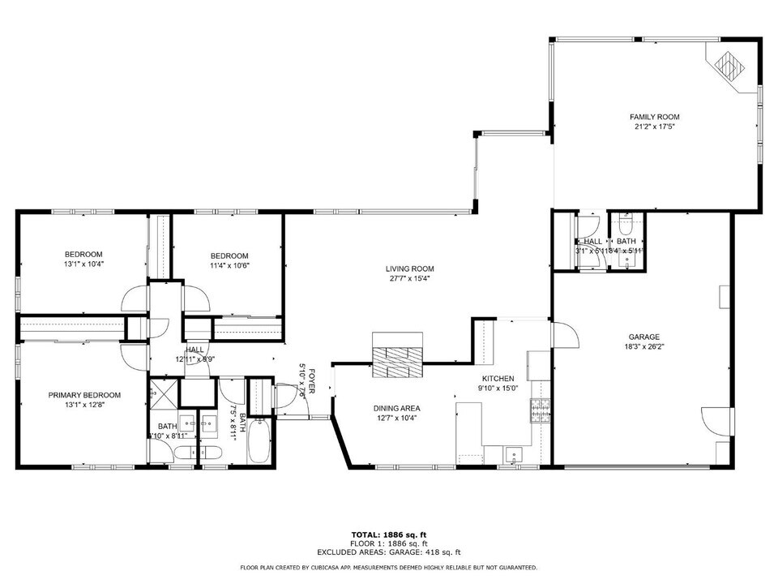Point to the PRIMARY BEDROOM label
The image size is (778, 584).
pyautogui.click(x=84, y=395)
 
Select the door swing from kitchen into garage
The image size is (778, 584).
pyautogui.click(x=562, y=333)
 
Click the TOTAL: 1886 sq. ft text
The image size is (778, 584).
pyautogui.click(x=388, y=535)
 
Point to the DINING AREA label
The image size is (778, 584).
pyautogui.click(x=397, y=408)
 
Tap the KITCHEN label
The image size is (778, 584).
pyautogui.click(x=498, y=379)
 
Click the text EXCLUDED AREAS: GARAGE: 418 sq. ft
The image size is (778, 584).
pyautogui.click(x=388, y=552)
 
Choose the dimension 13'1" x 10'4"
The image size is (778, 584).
pyautogui.click(x=84, y=264)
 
